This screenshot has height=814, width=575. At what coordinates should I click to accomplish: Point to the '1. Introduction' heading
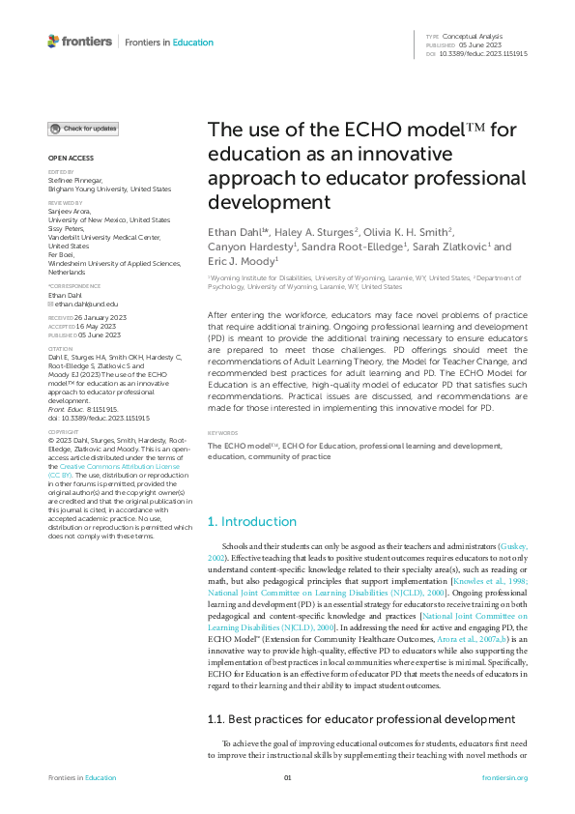(x=252, y=522)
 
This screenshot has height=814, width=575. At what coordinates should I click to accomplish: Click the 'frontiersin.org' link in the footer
(x=503, y=778)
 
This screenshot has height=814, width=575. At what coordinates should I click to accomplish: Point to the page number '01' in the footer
(x=287, y=778)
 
